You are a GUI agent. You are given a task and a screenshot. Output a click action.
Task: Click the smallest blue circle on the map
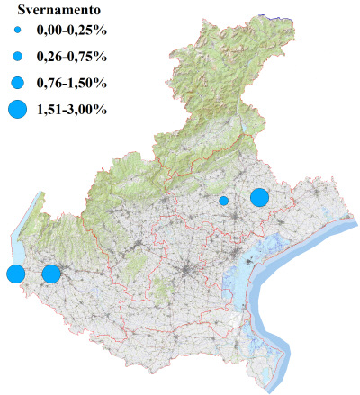223,201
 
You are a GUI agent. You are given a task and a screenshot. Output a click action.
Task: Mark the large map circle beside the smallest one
260,197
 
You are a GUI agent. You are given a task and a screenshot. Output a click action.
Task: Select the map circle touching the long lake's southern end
14,274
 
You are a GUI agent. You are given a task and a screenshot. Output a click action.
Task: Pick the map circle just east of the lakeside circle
51,273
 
